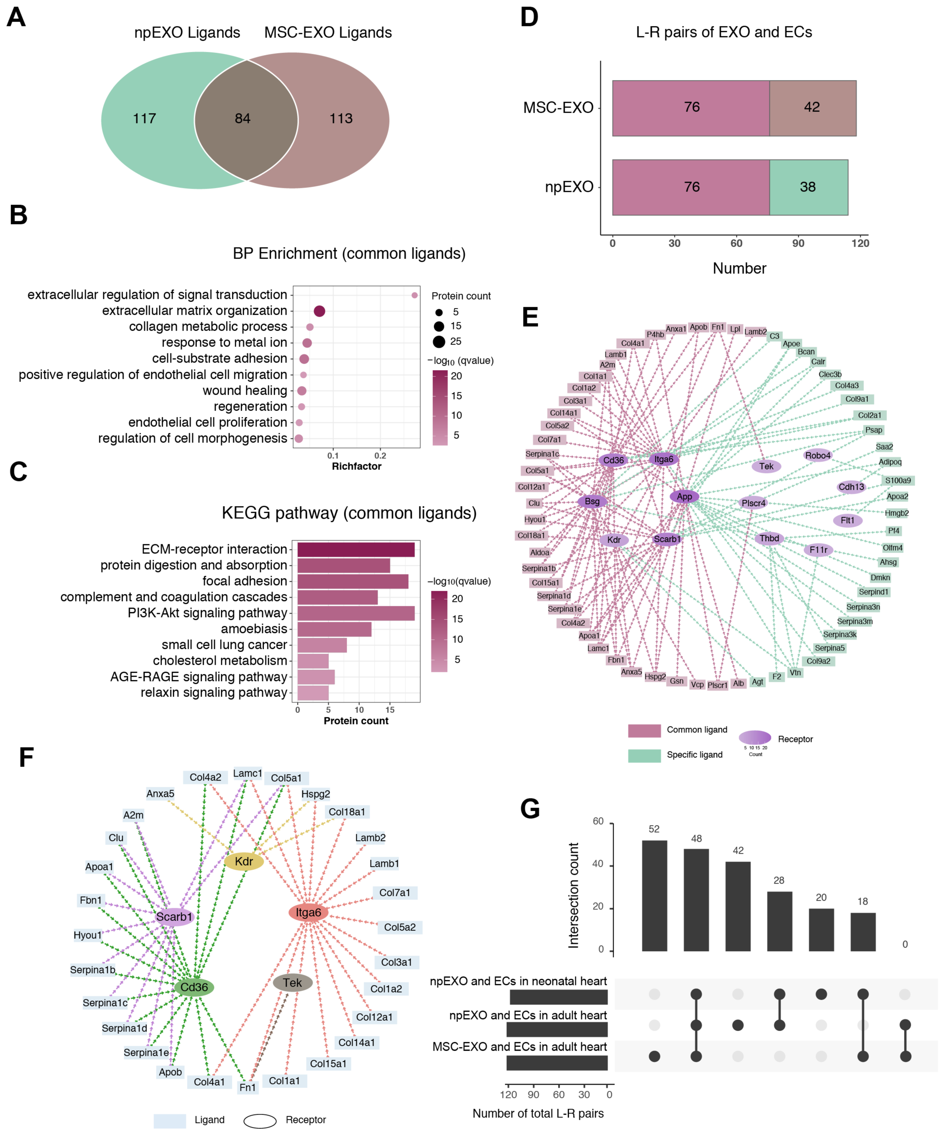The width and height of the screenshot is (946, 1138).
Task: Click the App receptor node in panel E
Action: pyautogui.click(x=684, y=496)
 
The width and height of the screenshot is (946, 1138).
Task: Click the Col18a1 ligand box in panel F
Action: pyautogui.click(x=347, y=812)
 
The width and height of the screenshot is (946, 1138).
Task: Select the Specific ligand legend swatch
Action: pyautogui.click(x=644, y=755)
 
